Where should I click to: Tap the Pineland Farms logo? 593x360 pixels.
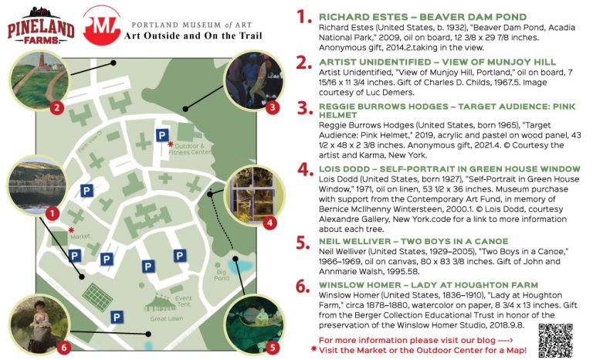(x=39, y=25)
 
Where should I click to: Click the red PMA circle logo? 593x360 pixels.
(x=102, y=25)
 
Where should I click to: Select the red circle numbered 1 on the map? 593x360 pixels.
(x=52, y=212)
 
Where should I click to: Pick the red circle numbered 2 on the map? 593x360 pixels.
(x=56, y=107)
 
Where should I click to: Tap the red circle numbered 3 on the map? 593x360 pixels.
(x=272, y=107)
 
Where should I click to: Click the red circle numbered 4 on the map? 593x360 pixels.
(x=269, y=223)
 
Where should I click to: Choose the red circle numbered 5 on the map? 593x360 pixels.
(x=272, y=346)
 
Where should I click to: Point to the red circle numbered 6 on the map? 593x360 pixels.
(x=63, y=346)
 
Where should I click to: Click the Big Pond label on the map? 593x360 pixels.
(x=222, y=274)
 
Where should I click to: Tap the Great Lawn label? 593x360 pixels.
(x=165, y=318)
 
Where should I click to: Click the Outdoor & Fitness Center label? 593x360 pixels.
(x=192, y=148)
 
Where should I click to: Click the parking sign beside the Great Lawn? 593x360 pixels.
(x=117, y=316)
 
